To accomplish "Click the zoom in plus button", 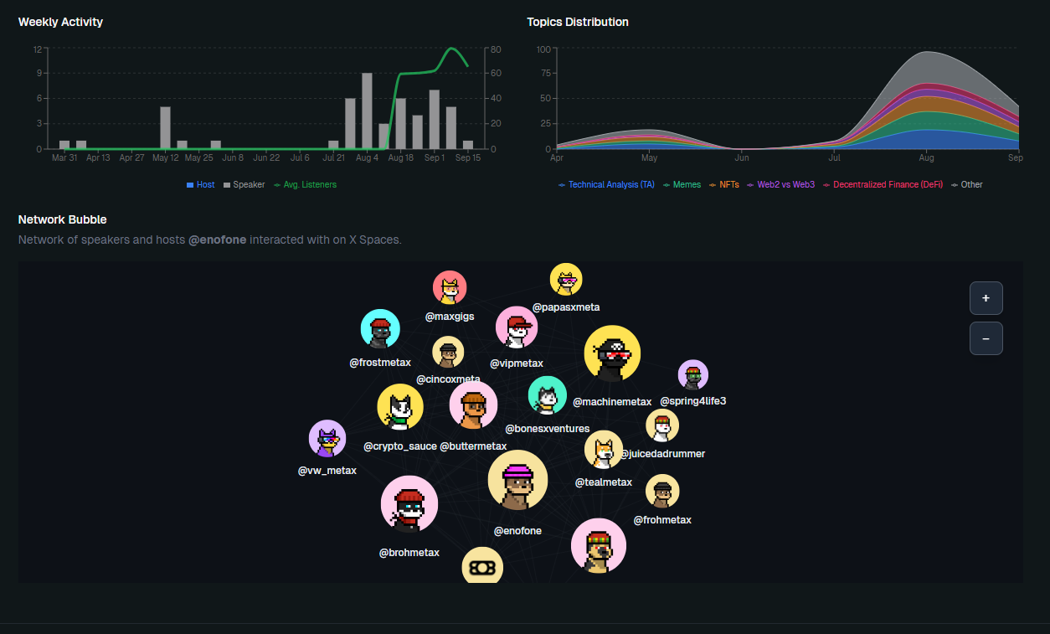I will [x=986, y=297].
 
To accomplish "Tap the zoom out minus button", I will [x=986, y=338].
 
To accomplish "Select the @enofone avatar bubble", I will [x=517, y=481].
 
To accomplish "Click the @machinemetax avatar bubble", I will [x=612, y=354].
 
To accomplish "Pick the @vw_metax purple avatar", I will [x=327, y=440].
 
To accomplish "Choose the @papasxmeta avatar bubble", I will [x=566, y=281].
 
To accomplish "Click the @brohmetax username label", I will [x=409, y=553].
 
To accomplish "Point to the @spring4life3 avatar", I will [x=692, y=375].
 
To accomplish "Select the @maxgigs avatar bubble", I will [x=450, y=288].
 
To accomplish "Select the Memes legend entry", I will [x=683, y=184].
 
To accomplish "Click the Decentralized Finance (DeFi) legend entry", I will [x=883, y=184].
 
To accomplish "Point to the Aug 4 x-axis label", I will [x=367, y=157].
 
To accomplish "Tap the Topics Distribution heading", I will [x=578, y=22].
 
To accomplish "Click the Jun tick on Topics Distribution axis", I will [x=742, y=157].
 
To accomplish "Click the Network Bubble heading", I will [x=63, y=219].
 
